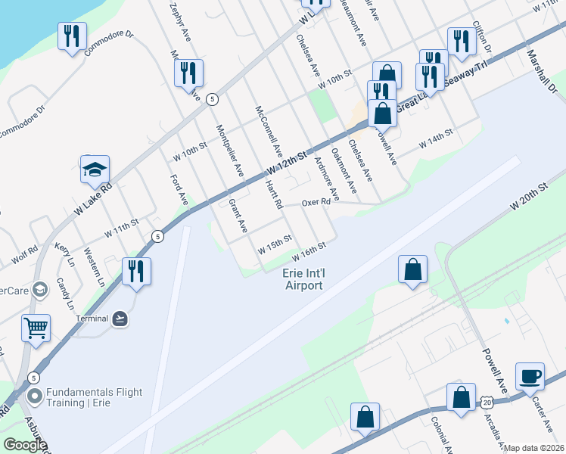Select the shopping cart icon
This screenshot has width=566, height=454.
pyautogui.click(x=36, y=328)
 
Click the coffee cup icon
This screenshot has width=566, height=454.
pyautogui.click(x=530, y=376)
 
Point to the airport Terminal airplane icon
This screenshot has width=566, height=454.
pyautogui.click(x=120, y=319)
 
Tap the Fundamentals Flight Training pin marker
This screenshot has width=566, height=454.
pyautogui.click(x=35, y=396)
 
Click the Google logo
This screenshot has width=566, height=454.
pyautogui.click(x=25, y=445)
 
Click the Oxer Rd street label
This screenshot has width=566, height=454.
pyautogui.click(x=316, y=203)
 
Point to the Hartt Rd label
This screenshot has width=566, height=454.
pyautogui.click(x=273, y=194)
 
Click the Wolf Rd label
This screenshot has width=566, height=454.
pyautogui.click(x=23, y=253)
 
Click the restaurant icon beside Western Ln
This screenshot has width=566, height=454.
pyautogui.click(x=136, y=272)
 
